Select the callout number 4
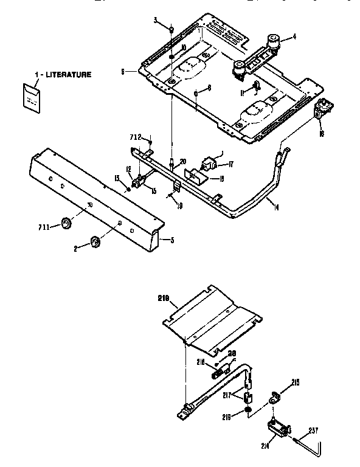click(x=294, y=37)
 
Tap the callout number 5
click(x=172, y=240)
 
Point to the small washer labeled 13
click(x=127, y=189)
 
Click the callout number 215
click(x=296, y=382)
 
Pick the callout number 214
click(x=266, y=446)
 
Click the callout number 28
click(x=232, y=353)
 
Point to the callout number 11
click(x=241, y=92)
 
